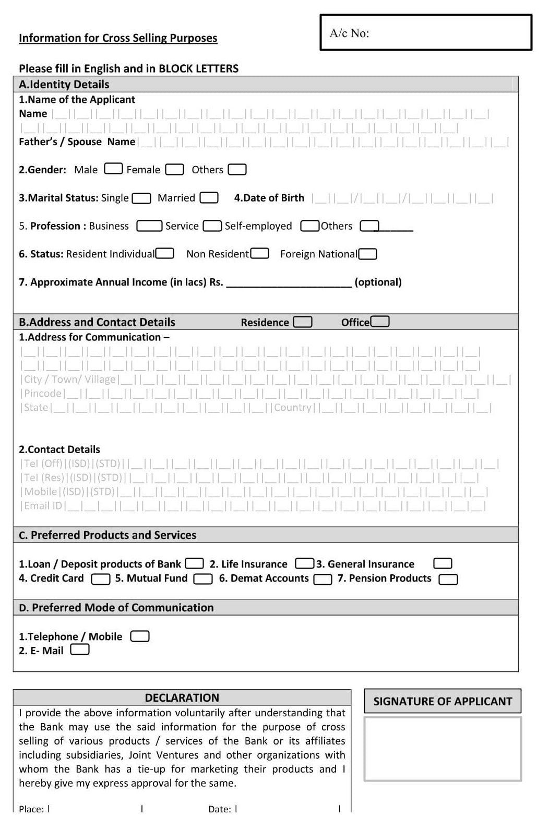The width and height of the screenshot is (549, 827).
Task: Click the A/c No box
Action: coord(426,32)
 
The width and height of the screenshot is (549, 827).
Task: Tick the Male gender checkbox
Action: coord(113,169)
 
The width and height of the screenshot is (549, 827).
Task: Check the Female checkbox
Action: coord(174,170)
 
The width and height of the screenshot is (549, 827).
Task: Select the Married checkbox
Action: coord(209,198)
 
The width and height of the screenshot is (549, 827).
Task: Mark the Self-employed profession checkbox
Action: coord(309,226)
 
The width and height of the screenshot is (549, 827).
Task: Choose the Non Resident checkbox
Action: coord(259,254)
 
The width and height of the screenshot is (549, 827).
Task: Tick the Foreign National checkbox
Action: coord(367,254)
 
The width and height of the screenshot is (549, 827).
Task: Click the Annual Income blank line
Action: coord(289,282)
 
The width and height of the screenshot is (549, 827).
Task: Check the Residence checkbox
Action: coord(303,322)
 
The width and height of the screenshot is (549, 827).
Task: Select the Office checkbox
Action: coord(379,322)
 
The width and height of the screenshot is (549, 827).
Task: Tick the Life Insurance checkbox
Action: coord(304,564)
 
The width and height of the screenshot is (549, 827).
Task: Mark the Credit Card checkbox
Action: coord(100,579)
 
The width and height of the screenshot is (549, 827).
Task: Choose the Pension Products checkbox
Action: coord(448,579)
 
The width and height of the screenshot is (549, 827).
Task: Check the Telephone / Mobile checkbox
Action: coord(140,636)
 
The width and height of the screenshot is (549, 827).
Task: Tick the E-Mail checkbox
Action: coord(80,650)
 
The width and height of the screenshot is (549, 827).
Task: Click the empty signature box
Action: coord(443,749)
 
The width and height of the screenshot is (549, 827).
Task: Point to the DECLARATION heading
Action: coord(182,698)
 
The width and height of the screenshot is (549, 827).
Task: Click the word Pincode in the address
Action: coord(43,394)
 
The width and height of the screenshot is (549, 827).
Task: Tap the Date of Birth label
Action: coord(269,198)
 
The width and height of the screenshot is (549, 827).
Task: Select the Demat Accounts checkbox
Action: coord(323,579)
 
